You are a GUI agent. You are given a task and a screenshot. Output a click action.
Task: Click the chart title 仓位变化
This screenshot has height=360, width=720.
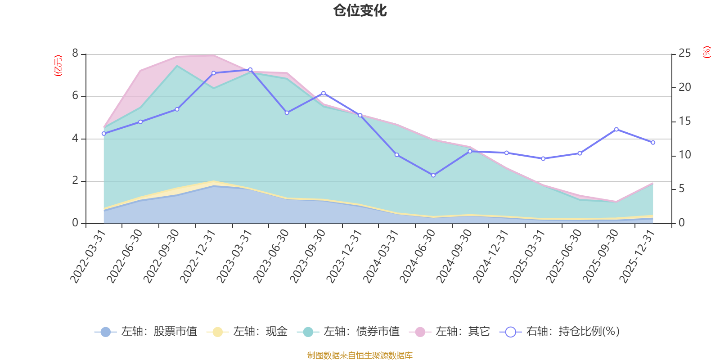360,10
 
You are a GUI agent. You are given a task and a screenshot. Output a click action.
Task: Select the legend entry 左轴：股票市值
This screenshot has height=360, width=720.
146,332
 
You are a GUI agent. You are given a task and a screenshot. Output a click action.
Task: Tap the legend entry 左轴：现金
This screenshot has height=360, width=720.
247,332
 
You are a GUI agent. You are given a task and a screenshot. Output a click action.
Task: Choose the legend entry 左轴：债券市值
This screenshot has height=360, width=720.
348,332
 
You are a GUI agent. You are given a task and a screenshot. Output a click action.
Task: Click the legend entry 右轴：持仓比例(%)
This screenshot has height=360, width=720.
560,332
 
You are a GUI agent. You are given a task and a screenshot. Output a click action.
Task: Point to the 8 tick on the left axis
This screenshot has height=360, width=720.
75,54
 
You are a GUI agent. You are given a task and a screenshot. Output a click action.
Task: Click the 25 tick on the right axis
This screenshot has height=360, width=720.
684,54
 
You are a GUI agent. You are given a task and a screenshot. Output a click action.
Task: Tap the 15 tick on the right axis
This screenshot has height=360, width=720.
684,121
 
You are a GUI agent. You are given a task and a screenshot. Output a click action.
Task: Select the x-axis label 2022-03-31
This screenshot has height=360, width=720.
88,256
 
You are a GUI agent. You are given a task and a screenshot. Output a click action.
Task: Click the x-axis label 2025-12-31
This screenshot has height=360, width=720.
637,256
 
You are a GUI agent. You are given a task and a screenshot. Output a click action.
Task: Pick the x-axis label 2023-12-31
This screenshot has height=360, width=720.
344,256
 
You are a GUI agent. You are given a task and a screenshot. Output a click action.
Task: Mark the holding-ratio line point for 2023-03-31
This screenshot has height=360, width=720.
250,70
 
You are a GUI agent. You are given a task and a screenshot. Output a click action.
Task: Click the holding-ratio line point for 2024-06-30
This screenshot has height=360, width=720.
433,175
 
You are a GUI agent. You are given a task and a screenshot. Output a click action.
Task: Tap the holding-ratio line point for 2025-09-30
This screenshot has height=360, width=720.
616,129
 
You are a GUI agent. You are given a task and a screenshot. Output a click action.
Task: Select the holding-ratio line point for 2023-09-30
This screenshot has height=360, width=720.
324,93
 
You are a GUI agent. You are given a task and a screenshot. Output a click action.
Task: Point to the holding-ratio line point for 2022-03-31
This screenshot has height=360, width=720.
103,134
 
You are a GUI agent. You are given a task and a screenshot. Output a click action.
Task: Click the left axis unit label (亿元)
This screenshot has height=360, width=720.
58,66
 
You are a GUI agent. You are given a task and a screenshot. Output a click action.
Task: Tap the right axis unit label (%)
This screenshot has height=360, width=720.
707,52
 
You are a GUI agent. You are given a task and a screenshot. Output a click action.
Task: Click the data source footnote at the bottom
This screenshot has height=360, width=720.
360,355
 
